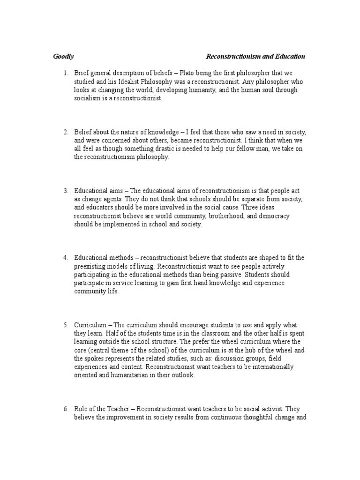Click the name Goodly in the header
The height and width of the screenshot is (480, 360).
tap(63, 57)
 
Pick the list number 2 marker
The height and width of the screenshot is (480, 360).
tap(66, 132)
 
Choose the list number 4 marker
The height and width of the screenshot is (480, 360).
tap(66, 258)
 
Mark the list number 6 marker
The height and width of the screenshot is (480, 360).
tap(66, 409)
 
